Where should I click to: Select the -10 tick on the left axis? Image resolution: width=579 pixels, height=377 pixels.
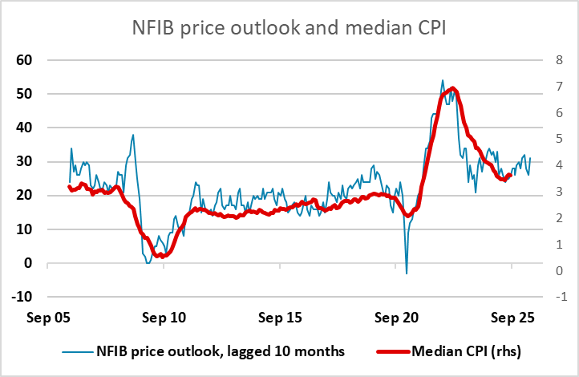(21, 297)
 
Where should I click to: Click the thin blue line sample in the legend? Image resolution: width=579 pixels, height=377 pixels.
(75, 351)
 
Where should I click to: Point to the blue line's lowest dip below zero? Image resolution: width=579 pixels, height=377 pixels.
(406, 274)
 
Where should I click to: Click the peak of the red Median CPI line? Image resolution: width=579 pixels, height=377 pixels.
(454, 88)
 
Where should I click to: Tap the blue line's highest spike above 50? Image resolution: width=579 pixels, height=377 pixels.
(443, 80)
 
